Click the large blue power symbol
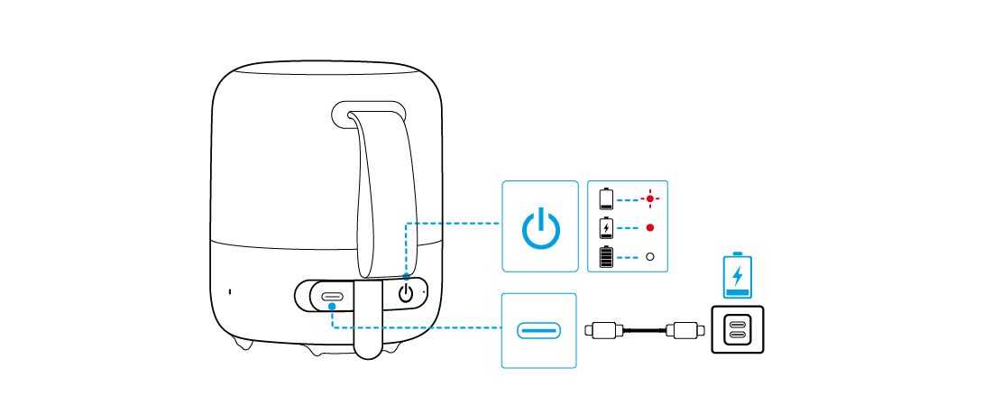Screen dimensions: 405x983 click(x=539, y=226)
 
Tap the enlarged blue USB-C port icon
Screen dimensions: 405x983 click(x=538, y=330)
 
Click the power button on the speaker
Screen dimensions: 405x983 click(x=407, y=293)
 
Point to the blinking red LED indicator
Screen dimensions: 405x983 click(x=649, y=198)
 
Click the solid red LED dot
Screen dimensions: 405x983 click(x=649, y=227)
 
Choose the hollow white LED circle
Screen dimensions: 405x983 click(x=649, y=257)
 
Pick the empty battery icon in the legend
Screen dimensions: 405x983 click(x=606, y=198)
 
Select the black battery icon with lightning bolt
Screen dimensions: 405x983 click(x=606, y=227)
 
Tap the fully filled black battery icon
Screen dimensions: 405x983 click(x=606, y=257)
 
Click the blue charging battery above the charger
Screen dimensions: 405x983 click(x=738, y=276)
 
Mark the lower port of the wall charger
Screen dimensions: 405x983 click(x=738, y=336)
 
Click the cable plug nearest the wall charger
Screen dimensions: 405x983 click(x=684, y=330)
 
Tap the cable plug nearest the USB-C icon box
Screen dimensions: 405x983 click(x=602, y=330)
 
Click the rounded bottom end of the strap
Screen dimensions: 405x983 click(x=367, y=347)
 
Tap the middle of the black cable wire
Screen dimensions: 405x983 click(x=643, y=330)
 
